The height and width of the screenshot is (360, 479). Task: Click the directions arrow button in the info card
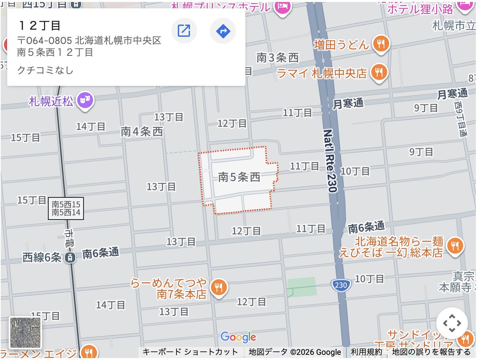(x=223, y=30)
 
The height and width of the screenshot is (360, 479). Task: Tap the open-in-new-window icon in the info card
(x=184, y=30)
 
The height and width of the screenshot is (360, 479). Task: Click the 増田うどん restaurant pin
(x=380, y=44)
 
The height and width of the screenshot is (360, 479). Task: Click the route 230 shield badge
(x=339, y=285)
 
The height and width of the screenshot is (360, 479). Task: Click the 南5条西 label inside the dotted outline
(x=239, y=178)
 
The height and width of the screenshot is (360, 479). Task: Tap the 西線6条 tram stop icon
(x=70, y=258)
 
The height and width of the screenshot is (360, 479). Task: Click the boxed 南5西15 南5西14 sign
(x=66, y=208)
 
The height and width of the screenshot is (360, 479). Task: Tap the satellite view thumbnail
(x=25, y=332)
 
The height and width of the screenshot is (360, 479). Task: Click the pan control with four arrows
(x=452, y=323)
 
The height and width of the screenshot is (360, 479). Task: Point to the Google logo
(x=238, y=337)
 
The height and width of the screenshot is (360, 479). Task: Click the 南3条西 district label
(x=278, y=58)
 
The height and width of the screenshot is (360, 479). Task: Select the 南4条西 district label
(x=142, y=132)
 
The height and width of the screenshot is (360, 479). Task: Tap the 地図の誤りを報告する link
(x=431, y=352)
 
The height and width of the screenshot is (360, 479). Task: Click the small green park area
(x=302, y=286)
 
